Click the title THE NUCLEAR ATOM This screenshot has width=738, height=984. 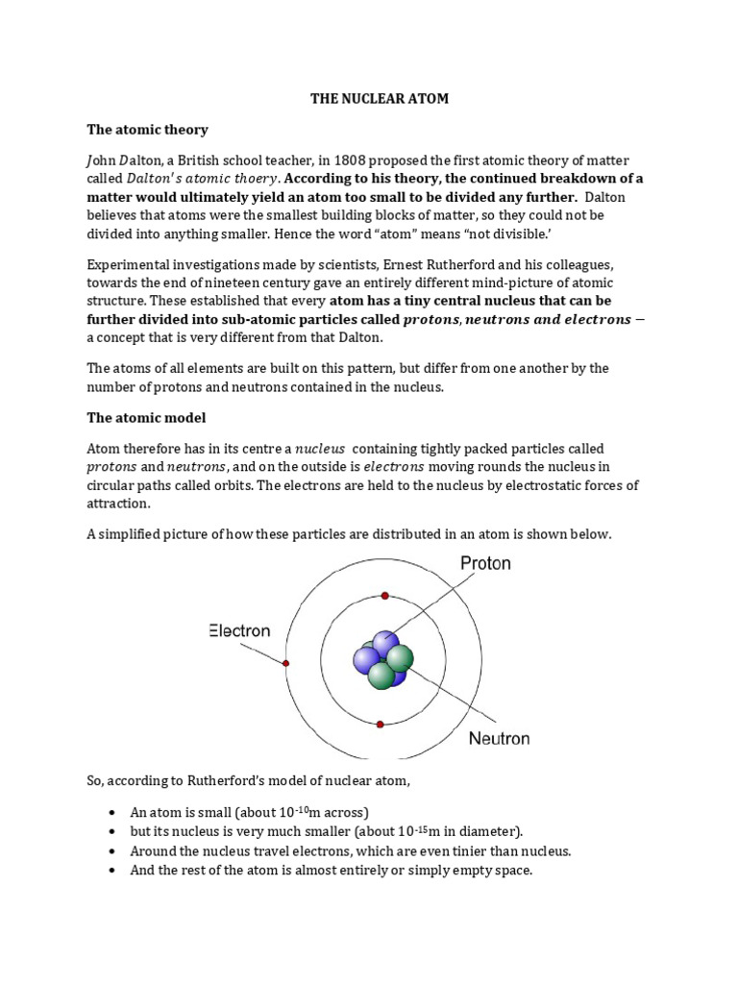379,99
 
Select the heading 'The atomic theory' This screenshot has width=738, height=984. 147,129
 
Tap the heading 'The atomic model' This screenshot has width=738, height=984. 146,418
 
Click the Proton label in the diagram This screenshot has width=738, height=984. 485,563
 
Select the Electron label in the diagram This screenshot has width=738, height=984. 239,631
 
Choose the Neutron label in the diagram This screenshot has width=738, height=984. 499,739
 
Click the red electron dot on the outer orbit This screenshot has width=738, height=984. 285,663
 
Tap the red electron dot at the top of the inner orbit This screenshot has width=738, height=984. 384,596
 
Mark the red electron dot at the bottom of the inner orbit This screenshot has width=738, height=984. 381,725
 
